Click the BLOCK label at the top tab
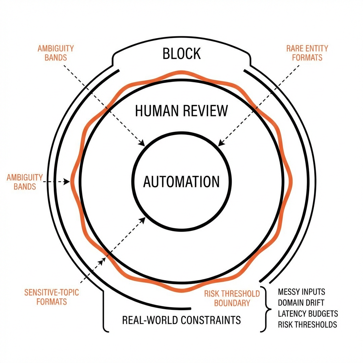(181, 54)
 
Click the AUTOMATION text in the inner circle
(181, 181)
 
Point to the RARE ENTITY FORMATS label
(307, 53)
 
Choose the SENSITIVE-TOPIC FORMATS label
(51, 297)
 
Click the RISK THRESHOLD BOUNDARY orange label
(232, 298)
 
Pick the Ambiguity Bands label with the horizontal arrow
(25, 181)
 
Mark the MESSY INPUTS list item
(301, 292)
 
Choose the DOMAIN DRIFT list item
(301, 303)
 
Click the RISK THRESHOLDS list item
(307, 325)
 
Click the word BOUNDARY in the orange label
(232, 303)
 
